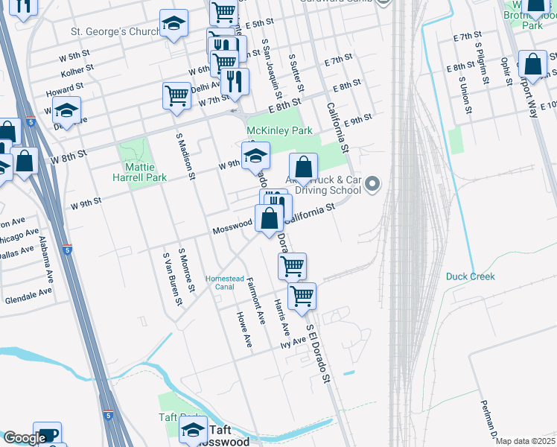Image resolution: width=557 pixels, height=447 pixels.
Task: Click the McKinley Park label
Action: [x=279, y=130]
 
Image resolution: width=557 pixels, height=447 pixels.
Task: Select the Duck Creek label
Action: [x=470, y=276]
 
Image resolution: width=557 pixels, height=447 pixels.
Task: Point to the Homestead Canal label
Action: [x=225, y=282]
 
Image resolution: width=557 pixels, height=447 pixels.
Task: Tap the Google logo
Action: [x=25, y=438]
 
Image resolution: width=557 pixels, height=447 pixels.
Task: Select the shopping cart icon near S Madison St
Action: [x=176, y=95]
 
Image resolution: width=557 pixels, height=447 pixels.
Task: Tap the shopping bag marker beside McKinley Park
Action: [x=303, y=168]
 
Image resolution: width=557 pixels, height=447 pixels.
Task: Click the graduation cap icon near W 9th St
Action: [x=255, y=154]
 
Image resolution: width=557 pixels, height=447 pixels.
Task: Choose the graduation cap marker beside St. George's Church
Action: [x=174, y=25]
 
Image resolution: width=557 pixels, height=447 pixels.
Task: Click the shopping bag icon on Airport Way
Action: [x=532, y=64]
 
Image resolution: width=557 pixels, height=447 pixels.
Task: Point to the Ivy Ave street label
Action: [x=293, y=343]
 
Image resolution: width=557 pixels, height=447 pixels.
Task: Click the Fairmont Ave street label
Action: [x=255, y=301]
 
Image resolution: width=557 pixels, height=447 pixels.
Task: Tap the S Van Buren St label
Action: [x=172, y=279]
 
